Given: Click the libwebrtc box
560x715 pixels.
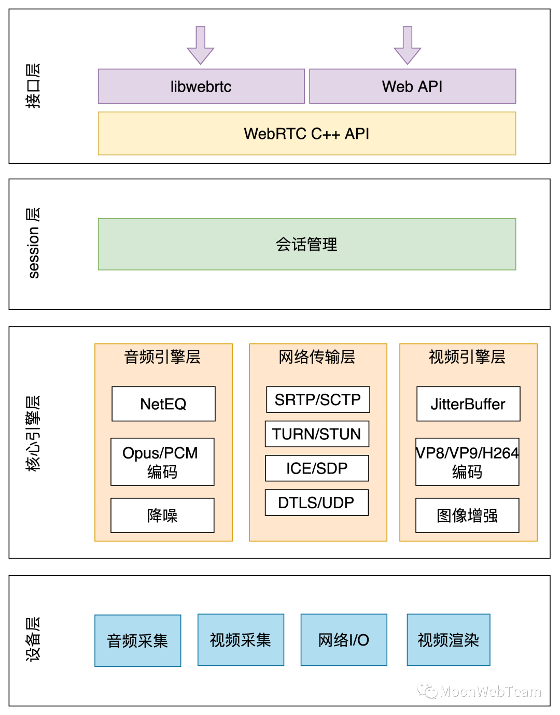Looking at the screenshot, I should tap(201, 87).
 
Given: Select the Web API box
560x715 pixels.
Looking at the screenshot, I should tap(412, 87).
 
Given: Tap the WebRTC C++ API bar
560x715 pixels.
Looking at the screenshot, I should tap(307, 134).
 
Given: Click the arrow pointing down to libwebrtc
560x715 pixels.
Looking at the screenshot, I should tap(201, 45).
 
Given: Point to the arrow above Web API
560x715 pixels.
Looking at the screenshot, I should tap(408, 45).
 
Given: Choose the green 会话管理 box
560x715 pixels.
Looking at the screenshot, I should tap(307, 244).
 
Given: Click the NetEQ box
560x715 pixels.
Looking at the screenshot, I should tap(163, 404).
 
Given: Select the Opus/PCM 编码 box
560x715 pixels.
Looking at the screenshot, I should tap(162, 462).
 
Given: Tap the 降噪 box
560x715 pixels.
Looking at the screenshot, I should tap(162, 516).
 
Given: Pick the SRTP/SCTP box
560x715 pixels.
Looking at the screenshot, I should tap(318, 399).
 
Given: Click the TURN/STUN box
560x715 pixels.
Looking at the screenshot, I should tap(317, 434).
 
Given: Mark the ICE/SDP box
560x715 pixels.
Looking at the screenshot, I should tap(317, 468).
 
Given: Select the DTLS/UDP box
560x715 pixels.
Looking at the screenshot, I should tap(316, 503).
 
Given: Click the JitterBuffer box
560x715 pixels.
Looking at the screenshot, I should tap(468, 404).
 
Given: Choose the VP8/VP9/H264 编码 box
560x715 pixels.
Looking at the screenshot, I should tap(467, 462).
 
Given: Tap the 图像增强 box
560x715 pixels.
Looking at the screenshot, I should tap(467, 516).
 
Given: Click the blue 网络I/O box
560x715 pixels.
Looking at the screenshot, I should tap(344, 640).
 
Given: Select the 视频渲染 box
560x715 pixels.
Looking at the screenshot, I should tap(449, 640).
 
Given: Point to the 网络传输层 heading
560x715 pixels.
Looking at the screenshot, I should tap(317, 357).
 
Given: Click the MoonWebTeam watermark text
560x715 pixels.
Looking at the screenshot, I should tap(490, 692).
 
